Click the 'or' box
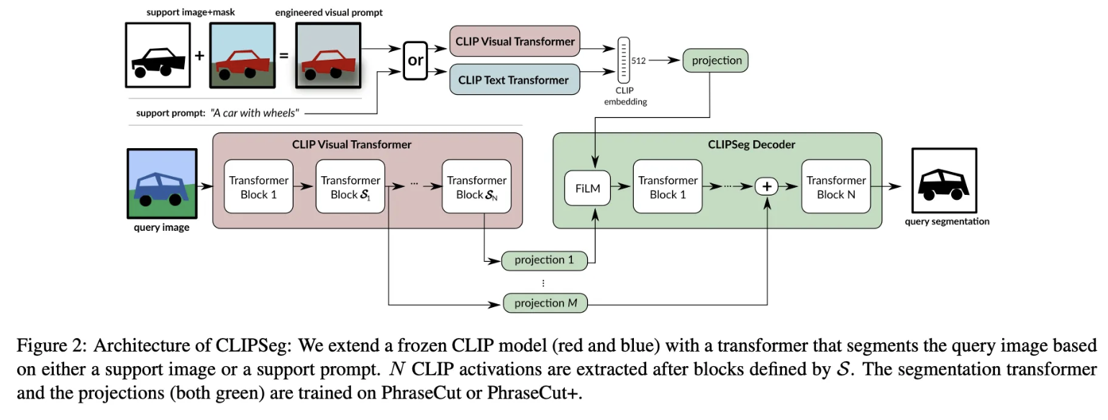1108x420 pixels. [416, 60]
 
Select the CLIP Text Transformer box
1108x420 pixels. [514, 80]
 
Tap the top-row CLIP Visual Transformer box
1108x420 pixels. [514, 42]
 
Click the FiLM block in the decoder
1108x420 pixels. [587, 188]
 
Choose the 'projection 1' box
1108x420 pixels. [545, 260]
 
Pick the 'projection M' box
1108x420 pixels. [545, 303]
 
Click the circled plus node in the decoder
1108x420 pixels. [767, 187]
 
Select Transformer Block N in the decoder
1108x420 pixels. [835, 187]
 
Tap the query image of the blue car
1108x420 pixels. [162, 183]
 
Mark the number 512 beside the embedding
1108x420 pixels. [638, 61]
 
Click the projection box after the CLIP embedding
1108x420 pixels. [716, 60]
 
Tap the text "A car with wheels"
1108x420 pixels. [255, 113]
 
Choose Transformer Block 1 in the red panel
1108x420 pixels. [258, 187]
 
